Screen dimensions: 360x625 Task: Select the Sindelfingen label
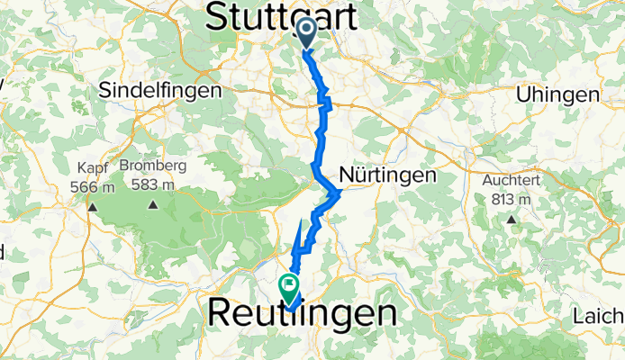tap(160, 91)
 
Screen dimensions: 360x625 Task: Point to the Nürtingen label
tap(387, 175)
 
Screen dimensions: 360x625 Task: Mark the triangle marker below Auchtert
tap(512, 218)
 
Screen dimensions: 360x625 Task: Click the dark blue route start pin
tap(306, 32)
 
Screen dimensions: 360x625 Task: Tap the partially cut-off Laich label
tap(598, 317)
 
